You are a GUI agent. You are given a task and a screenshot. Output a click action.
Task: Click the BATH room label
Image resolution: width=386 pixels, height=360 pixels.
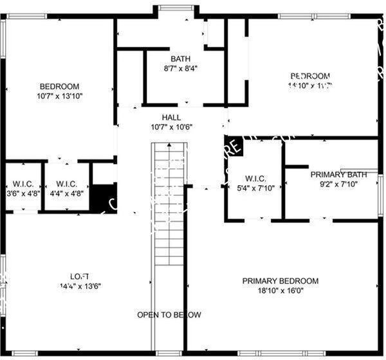(x=181, y=59)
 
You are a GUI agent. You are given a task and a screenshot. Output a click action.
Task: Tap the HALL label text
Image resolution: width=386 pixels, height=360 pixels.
(x=171, y=117)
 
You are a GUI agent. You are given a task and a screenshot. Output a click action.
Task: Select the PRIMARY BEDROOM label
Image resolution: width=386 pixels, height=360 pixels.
(x=280, y=281)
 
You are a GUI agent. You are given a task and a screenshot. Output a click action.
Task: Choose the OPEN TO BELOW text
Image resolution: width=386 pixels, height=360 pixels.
(x=169, y=315)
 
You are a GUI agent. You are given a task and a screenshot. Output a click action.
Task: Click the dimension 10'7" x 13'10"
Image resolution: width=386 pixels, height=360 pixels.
(x=59, y=96)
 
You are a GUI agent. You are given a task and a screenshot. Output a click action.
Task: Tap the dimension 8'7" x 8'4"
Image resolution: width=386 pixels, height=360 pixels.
(x=181, y=68)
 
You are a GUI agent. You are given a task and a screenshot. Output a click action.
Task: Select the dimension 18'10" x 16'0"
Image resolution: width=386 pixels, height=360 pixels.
(x=280, y=291)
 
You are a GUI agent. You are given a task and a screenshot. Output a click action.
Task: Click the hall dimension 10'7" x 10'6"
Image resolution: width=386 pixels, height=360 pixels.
(x=171, y=127)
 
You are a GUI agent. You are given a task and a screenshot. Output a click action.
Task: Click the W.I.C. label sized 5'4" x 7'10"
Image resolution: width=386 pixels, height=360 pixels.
(x=255, y=178)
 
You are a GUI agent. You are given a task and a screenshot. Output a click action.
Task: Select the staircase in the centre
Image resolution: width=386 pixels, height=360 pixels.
(x=168, y=206)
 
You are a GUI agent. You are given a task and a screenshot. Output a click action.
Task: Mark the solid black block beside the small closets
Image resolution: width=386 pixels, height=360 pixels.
(x=100, y=197)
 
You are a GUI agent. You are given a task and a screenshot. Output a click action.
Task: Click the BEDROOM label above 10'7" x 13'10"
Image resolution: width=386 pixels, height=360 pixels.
(x=59, y=87)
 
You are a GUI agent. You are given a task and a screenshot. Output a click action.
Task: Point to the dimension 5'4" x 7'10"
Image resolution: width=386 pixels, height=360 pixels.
(x=255, y=188)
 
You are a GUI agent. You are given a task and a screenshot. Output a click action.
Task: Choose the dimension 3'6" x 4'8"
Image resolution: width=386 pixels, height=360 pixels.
(x=22, y=192)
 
